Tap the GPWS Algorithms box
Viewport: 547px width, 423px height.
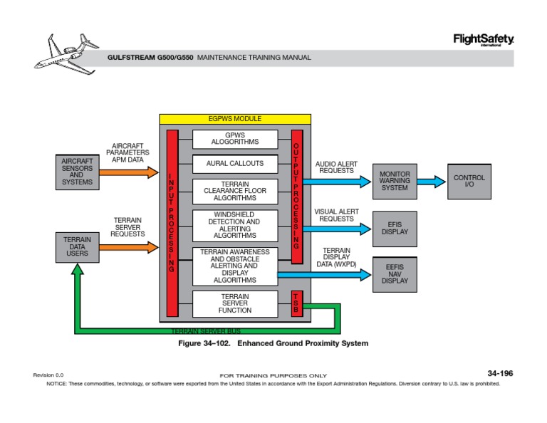[235, 139]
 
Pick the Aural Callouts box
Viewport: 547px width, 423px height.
[235, 164]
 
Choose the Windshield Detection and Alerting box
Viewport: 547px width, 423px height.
[235, 226]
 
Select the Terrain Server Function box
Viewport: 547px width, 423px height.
[235, 303]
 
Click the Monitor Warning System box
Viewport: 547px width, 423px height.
[395, 181]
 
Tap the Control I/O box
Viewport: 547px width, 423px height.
[469, 181]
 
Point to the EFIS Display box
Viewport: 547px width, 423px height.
[395, 228]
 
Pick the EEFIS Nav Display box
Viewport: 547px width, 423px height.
[395, 273]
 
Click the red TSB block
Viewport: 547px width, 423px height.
[297, 303]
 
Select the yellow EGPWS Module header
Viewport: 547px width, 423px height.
[235, 119]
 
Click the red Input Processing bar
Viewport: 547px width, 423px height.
[172, 223]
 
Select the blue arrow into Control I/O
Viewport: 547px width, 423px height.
[430, 181]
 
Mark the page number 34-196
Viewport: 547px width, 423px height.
[499, 373]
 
